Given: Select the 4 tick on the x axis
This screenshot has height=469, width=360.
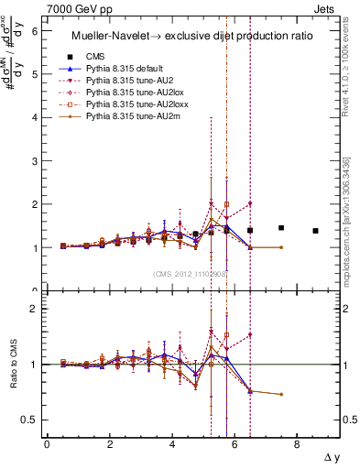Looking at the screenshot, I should pos(172,446).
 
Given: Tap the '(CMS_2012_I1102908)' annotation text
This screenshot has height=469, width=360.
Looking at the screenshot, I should pos(191,273).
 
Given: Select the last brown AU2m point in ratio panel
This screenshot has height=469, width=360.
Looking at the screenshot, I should pos(281,394).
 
